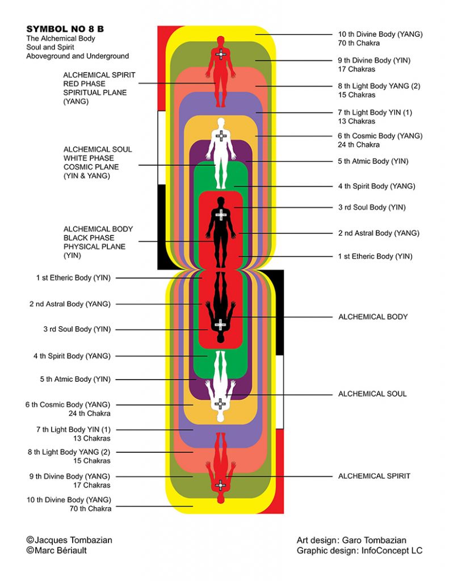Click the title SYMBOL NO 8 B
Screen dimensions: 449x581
65,29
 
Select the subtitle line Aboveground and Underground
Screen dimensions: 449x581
78,56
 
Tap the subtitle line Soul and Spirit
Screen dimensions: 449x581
50,47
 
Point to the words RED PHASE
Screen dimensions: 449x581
84,84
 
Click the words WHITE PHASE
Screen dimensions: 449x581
89,158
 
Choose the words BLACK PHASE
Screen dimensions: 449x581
89,238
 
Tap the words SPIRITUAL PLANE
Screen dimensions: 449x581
95,92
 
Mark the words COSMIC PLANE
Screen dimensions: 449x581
91,167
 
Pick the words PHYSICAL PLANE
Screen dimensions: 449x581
95,247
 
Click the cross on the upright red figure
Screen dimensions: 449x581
221,54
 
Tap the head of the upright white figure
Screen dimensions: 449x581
221,123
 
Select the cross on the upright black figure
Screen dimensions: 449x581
221,214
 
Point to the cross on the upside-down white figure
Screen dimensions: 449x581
220,404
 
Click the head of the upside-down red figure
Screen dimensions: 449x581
220,499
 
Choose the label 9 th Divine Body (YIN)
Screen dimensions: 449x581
374,60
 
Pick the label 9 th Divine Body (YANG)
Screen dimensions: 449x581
70,477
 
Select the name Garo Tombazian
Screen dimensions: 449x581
374,540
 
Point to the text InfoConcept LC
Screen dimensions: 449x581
392,550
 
